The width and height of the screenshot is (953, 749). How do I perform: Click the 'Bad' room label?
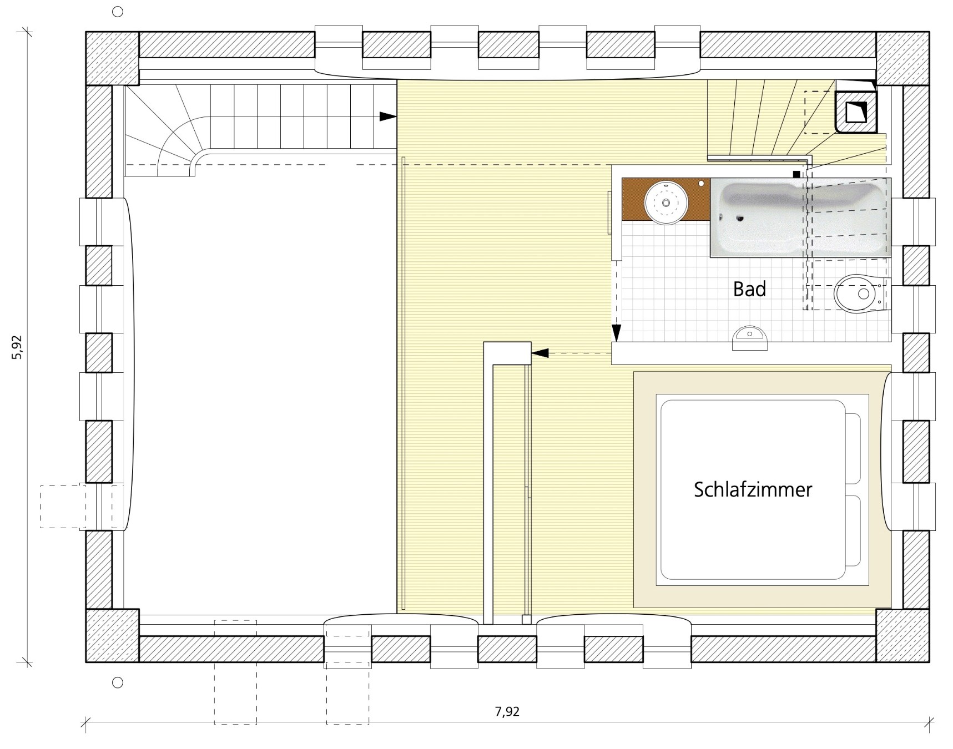point(749,289)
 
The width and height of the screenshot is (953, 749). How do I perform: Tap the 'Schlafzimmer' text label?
point(753,489)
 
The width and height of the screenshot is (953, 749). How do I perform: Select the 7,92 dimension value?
point(507,712)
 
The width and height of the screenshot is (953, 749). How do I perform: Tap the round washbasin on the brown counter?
point(665,202)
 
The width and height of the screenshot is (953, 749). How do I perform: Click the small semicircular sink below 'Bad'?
point(749,338)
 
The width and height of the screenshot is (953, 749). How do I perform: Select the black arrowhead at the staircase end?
point(388,117)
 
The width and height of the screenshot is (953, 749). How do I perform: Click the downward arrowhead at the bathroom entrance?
point(616,333)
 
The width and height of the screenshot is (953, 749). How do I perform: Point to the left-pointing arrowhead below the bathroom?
point(541,353)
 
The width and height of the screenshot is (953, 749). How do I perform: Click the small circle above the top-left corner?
point(118,12)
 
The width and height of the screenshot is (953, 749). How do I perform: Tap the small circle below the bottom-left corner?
point(118,682)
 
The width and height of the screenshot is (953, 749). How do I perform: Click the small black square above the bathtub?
point(797,174)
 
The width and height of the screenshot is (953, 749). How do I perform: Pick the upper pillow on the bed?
point(853,448)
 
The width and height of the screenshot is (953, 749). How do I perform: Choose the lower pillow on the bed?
point(853,531)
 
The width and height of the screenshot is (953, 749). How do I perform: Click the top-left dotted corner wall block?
point(112,58)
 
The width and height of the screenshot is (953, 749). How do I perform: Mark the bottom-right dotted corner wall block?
point(902,635)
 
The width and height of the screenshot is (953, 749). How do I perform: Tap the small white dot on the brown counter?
point(702,183)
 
